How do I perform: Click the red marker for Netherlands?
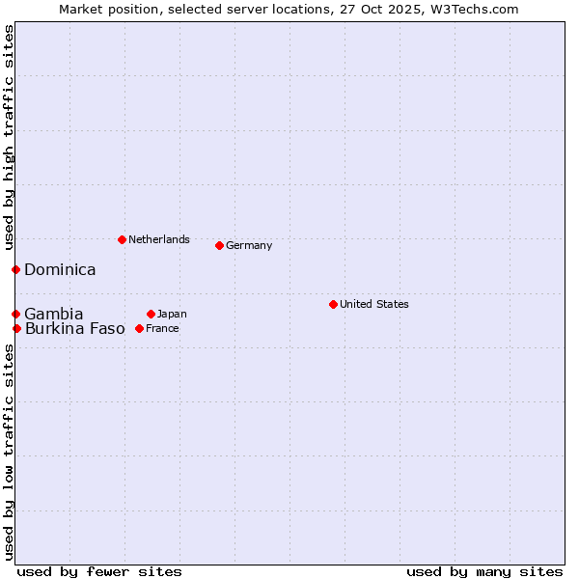[122, 239]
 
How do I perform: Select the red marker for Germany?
[219, 245]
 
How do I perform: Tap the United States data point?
[333, 304]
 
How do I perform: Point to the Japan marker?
[151, 314]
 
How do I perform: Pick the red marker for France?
[139, 328]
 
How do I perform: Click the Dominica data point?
[15, 269]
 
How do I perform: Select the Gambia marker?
[15, 314]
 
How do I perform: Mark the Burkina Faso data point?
[16, 328]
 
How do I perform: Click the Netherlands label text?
[158, 239]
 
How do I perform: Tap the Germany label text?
[249, 245]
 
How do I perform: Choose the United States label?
[373, 304]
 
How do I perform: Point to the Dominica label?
[60, 269]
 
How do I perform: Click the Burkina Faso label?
[75, 328]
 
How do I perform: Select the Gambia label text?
[54, 314]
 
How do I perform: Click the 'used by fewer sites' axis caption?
[99, 571]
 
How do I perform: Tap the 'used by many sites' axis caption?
[484, 571]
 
